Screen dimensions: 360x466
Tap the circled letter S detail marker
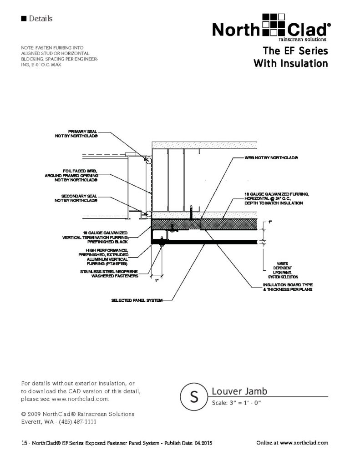point(194,396)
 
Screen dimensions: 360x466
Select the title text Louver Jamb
point(239,391)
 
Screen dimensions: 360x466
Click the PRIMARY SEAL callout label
point(76,134)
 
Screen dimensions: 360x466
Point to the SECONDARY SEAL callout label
point(76,198)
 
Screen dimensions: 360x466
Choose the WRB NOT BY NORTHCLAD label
point(271,158)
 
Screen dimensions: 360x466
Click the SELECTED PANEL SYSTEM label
point(137,300)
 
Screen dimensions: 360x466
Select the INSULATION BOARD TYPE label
point(288,287)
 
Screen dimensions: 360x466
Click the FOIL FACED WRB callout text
point(71,175)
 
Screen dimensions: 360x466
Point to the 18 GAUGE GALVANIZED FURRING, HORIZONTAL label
point(277,198)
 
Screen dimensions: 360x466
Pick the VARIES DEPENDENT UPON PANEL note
point(283,270)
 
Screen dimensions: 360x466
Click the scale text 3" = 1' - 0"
point(236,403)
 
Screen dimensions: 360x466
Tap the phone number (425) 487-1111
point(77,422)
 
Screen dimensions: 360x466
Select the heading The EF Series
point(295,51)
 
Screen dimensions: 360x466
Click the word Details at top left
point(41,19)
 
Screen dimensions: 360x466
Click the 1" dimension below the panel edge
point(157,280)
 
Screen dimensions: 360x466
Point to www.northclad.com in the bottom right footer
point(304,443)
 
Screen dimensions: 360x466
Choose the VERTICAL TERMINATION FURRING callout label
point(95,238)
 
